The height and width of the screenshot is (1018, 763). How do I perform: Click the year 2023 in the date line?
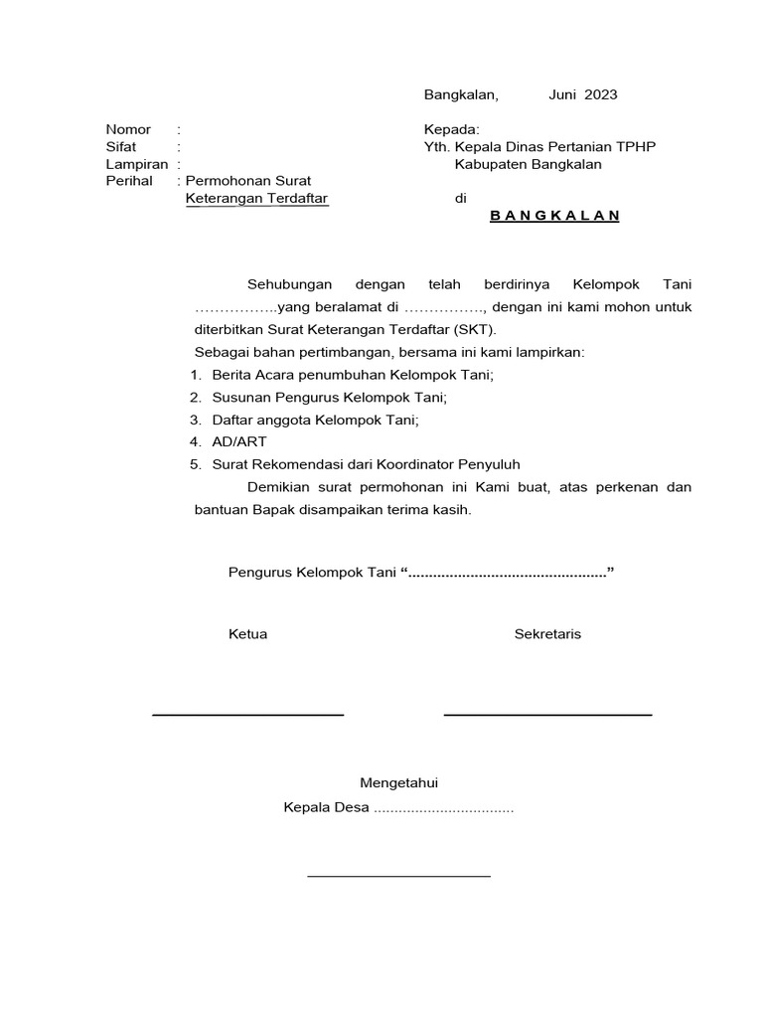[601, 95]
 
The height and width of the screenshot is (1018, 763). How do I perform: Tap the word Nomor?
[128, 129]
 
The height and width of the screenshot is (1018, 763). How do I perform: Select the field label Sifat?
[121, 147]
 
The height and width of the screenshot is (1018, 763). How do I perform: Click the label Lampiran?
[137, 164]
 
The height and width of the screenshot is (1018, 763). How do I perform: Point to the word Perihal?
[129, 181]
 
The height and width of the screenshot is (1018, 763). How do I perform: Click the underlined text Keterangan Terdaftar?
[256, 199]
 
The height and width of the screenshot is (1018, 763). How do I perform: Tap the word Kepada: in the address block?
[452, 129]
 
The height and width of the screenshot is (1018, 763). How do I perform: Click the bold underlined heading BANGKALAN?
[554, 216]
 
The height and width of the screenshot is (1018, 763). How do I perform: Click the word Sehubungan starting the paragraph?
[289, 284]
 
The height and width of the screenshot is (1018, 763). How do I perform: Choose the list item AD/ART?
[239, 441]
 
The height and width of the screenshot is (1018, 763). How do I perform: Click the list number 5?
[196, 464]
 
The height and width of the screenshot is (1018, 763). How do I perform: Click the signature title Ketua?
[247, 634]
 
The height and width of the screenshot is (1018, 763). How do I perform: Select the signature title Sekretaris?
[547, 634]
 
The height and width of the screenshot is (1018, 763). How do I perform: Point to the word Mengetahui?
[398, 783]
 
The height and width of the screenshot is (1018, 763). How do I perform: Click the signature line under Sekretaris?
[547, 715]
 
